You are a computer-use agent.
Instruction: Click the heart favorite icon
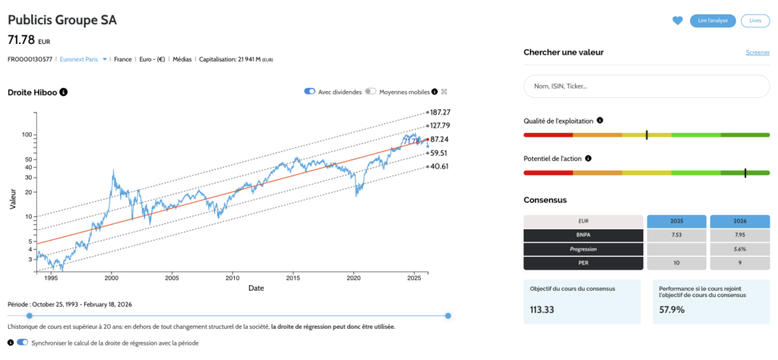point(678,21)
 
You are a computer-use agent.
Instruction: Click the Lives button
point(754,21)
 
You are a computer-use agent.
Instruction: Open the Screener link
point(757,52)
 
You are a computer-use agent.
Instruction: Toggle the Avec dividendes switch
point(310,92)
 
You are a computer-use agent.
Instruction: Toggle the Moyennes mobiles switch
point(370,92)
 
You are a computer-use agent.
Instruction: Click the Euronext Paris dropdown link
point(84,58)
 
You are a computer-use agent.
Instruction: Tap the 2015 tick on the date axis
point(293,277)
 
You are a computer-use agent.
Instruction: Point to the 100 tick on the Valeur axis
point(28,134)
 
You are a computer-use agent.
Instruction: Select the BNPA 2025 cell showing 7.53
point(675,235)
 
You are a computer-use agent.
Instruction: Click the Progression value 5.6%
point(738,248)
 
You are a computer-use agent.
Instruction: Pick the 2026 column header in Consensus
point(738,221)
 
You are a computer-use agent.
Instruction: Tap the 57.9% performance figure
point(674,309)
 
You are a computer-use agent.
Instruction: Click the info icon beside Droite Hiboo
point(64,92)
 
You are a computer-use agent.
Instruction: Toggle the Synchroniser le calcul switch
point(22,343)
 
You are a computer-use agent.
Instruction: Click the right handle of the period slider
point(448,315)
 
